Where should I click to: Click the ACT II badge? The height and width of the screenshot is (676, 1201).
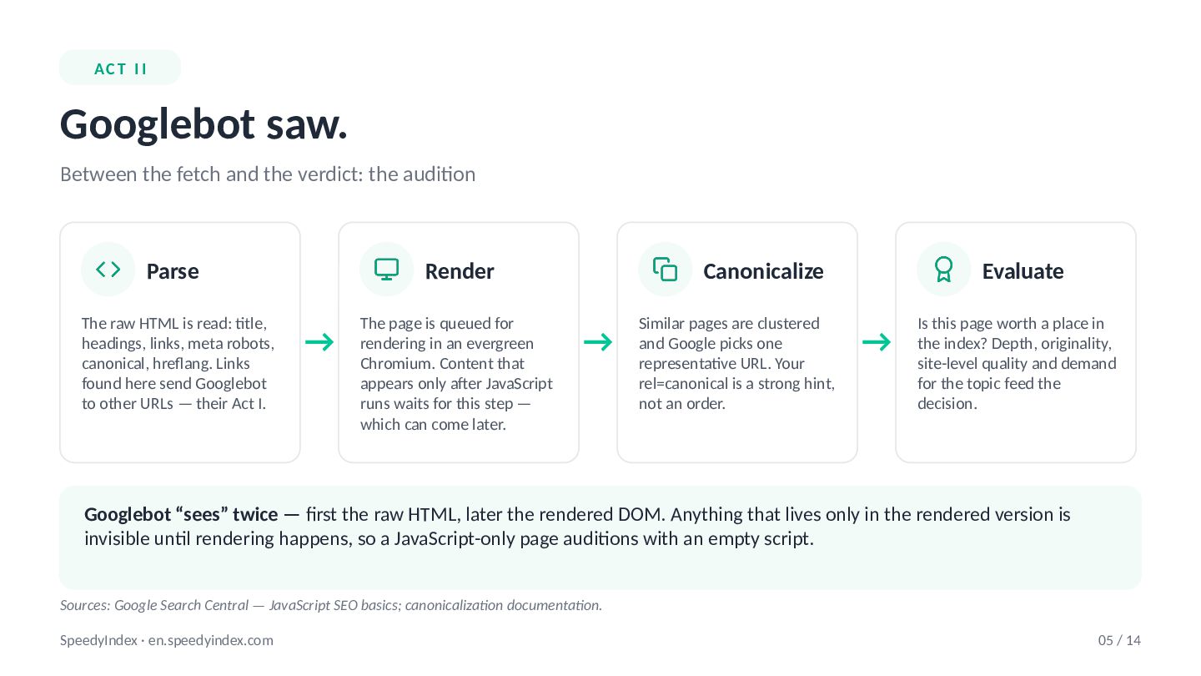(x=120, y=68)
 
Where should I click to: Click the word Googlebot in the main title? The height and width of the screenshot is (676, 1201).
(x=158, y=124)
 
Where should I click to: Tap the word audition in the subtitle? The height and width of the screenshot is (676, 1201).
(x=422, y=174)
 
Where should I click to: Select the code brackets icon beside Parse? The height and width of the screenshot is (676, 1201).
(x=108, y=269)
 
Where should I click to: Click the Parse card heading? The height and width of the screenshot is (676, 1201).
(x=173, y=271)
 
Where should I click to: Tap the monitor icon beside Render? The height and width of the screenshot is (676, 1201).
(x=387, y=270)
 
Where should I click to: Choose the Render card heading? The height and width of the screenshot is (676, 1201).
(x=460, y=271)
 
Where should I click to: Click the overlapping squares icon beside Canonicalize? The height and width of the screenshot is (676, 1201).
(x=665, y=270)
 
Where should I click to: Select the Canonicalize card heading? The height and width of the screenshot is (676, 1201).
(x=763, y=271)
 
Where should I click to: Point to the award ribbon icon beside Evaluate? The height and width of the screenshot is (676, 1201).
(x=943, y=270)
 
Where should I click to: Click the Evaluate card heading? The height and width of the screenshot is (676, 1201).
(x=1023, y=271)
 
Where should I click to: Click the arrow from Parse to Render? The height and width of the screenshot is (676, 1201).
(x=319, y=342)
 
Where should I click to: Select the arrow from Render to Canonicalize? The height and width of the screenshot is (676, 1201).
(x=598, y=342)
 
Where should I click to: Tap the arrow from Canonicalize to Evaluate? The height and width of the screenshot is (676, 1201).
(x=877, y=342)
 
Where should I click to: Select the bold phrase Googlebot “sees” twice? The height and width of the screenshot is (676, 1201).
(x=181, y=514)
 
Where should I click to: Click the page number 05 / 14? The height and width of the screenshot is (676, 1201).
(x=1119, y=641)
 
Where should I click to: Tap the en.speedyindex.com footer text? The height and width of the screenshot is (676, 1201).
(x=211, y=641)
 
